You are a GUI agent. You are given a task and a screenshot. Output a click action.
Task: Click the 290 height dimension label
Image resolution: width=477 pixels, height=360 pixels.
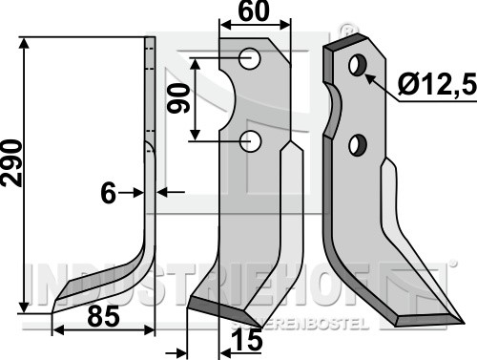12,162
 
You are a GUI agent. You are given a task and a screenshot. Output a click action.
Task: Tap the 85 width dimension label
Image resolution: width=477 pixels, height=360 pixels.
103,317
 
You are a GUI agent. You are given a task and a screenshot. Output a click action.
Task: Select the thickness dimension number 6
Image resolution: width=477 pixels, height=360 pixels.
109,193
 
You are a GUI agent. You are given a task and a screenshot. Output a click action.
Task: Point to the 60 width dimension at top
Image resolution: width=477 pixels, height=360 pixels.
254,11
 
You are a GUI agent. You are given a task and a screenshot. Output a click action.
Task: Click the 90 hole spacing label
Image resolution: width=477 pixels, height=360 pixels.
178,98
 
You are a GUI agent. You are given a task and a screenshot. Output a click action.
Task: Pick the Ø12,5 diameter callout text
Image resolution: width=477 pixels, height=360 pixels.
437,84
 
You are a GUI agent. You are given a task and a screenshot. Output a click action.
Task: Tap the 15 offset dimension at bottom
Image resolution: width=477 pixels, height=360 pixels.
248,340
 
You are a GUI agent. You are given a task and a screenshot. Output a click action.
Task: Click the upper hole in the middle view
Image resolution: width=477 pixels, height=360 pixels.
250,58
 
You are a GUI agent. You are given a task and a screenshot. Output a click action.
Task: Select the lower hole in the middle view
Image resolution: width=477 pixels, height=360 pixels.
251,141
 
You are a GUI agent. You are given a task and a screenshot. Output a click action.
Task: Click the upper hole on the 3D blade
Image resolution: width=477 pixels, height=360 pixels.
358,65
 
